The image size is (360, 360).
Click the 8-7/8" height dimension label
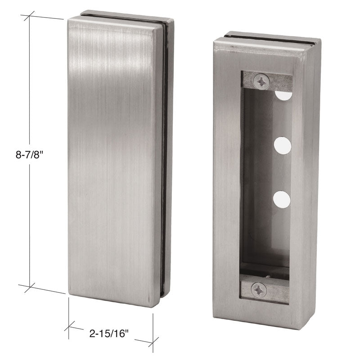[x=29, y=155]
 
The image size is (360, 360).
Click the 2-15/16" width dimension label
[x=108, y=333]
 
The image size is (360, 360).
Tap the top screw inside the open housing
[x=261, y=81]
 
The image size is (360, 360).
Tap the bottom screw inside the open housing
[x=259, y=289]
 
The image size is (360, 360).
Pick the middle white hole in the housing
[x=283, y=145]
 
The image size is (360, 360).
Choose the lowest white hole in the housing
[x=282, y=200]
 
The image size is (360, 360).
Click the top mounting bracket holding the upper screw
[x=267, y=81]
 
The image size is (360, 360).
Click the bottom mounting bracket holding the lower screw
[x=264, y=290]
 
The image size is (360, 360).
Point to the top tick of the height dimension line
[x=29, y=16]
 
